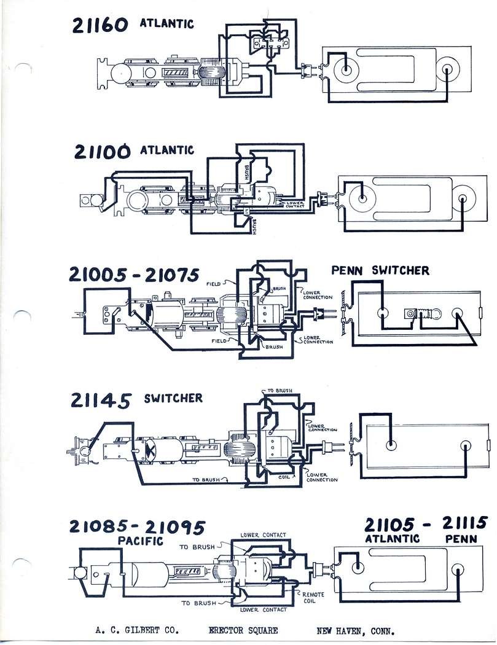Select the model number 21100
click(x=102, y=152)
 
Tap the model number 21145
click(x=101, y=401)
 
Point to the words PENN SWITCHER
click(x=380, y=270)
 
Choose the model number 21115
click(x=465, y=523)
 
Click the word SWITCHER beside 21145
click(x=173, y=398)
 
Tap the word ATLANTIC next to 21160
click(x=166, y=23)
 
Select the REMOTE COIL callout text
click(x=313, y=598)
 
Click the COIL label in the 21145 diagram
click(x=284, y=477)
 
